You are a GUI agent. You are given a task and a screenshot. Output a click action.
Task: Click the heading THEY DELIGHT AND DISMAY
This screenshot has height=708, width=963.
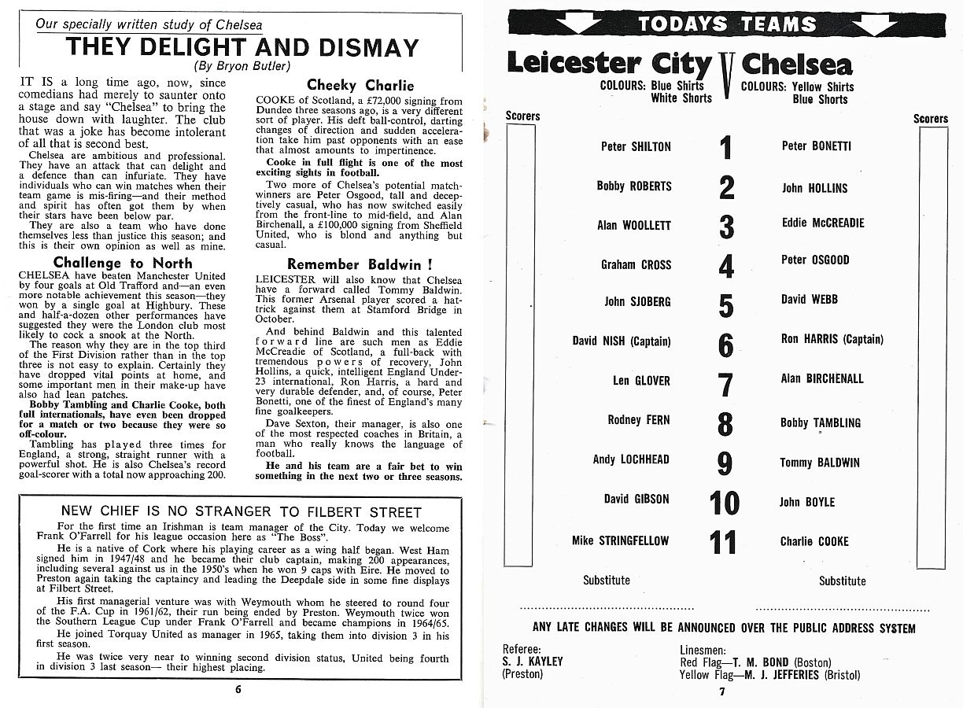tap(242, 46)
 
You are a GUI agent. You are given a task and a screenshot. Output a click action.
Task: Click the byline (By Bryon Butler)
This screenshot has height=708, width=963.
tap(242, 66)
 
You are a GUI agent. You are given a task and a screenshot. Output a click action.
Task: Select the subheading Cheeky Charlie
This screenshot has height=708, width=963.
tap(360, 85)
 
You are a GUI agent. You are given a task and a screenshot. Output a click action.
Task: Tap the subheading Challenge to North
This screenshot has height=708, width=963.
tap(122, 263)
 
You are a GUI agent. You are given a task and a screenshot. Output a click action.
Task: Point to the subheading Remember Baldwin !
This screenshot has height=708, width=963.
tap(360, 264)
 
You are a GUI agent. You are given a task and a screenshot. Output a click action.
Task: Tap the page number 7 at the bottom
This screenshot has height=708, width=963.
tap(721, 692)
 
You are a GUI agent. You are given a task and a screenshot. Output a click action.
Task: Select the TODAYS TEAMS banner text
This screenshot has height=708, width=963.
tap(726, 24)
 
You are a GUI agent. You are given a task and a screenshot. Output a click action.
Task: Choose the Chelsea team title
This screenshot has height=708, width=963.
tap(796, 64)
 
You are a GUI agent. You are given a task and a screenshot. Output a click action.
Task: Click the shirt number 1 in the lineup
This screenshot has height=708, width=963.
tap(725, 148)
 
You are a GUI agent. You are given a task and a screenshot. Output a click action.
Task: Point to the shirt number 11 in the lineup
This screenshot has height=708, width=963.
tap(723, 543)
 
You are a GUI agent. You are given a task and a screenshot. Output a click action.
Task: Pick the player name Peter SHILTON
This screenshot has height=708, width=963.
tap(636, 146)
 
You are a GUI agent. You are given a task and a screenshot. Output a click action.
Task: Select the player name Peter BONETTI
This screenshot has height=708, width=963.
tap(816, 146)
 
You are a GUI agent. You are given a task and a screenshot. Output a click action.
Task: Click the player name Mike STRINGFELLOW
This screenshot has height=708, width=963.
tap(620, 540)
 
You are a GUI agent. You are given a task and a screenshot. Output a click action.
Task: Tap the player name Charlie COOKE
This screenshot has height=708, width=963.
tap(814, 541)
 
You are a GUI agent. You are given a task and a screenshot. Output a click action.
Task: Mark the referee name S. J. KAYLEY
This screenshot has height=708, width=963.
tap(532, 662)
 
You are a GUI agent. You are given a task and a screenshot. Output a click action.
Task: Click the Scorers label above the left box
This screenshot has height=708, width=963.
tap(522, 116)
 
